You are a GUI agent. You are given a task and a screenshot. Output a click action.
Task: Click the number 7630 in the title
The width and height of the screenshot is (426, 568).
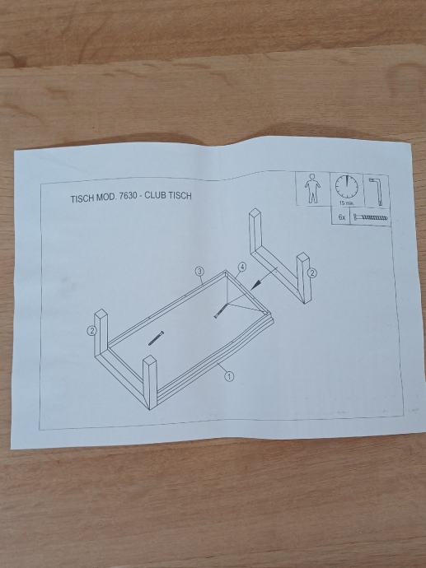point(128,197)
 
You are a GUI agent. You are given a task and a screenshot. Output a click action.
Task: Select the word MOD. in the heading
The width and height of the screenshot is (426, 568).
point(105,198)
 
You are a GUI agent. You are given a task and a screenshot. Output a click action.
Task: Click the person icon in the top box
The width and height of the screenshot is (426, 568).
point(312,189)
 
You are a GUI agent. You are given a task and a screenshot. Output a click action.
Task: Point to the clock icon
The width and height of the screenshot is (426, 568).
point(346,187)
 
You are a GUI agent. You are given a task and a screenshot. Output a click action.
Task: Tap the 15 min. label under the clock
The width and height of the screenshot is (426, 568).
point(346,203)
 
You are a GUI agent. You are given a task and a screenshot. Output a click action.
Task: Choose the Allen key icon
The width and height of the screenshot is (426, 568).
point(375,191)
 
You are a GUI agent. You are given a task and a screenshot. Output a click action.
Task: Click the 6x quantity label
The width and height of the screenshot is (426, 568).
point(341,217)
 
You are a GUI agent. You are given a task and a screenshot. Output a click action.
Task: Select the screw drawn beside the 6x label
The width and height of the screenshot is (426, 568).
point(370,218)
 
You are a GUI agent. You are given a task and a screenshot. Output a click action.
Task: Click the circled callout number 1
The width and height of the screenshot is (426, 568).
point(229,377)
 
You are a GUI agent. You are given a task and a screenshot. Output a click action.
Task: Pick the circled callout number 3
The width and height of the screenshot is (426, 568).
point(199,271)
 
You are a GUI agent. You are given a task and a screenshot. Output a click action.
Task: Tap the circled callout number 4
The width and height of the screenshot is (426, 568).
point(242,267)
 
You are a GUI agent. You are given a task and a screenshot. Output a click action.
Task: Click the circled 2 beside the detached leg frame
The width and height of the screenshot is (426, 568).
point(312,273)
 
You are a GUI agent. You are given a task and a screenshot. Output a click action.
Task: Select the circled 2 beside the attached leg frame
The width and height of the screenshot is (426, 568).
point(91,330)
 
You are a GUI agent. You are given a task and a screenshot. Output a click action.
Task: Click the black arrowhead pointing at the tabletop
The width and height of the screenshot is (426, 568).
point(256,285)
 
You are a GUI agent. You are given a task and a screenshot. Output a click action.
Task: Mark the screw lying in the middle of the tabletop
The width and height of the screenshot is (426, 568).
point(157,338)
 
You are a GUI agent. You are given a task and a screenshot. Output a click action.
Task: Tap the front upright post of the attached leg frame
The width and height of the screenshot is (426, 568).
point(150,383)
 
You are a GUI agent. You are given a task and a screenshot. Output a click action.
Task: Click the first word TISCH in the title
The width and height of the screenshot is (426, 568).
point(82,198)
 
